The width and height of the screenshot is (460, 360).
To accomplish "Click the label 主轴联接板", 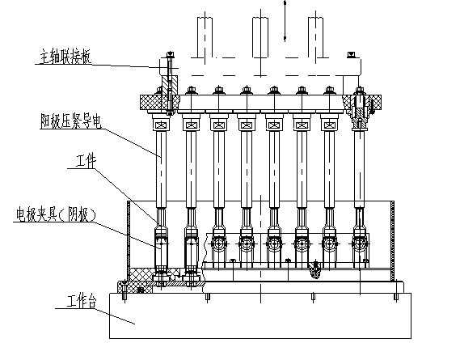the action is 65,57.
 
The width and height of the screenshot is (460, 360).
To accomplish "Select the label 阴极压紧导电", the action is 70,121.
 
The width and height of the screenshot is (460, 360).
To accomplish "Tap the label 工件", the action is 86,160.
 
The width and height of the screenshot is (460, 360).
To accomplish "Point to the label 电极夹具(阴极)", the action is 56,214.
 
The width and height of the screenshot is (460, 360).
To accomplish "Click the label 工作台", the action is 82,301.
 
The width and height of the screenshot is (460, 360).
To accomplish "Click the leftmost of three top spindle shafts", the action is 205,37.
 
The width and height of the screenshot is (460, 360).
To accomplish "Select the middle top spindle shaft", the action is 260,37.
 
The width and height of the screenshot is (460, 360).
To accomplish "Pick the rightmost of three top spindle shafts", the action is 315,37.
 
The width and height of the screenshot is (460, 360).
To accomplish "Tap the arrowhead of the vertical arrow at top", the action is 285,38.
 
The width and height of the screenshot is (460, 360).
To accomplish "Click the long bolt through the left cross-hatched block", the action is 170,83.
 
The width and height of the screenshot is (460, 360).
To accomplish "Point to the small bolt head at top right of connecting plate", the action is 351,55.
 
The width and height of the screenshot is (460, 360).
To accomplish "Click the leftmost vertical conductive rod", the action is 161,169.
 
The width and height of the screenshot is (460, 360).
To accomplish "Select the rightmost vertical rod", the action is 360,169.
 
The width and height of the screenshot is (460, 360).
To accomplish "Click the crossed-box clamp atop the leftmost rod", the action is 161,125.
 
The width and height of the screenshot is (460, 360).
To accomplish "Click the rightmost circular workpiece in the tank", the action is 360,244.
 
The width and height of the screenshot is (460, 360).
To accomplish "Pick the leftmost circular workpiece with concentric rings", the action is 219,244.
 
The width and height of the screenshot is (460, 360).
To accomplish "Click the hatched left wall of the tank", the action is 129,240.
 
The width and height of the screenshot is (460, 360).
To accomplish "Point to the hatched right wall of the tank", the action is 393,241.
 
